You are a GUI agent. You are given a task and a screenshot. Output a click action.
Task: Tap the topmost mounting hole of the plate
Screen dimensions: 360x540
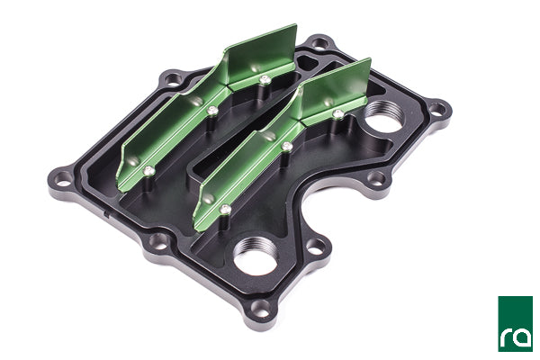(318, 42)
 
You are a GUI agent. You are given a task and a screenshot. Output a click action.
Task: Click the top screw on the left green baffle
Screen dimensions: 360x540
(264, 79)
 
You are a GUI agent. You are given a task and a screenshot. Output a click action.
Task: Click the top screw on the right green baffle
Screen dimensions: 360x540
(337, 113)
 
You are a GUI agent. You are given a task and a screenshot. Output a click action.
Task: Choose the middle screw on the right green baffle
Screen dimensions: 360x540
(287, 146)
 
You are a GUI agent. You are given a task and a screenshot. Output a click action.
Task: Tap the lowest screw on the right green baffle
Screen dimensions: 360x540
(225, 209)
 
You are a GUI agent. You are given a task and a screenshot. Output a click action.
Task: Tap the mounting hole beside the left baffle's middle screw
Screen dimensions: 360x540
(168, 83)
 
